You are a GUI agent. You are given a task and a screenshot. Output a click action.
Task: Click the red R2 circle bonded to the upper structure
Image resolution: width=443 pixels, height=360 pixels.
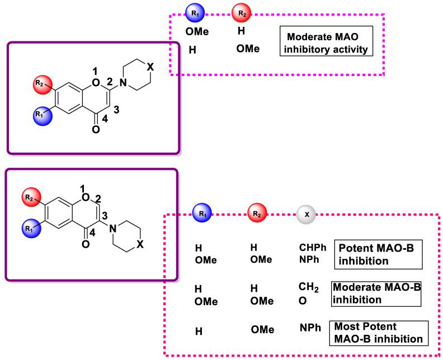[x=41, y=84]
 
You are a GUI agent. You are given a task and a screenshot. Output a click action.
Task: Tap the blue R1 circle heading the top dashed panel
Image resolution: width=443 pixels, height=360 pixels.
[x=195, y=12]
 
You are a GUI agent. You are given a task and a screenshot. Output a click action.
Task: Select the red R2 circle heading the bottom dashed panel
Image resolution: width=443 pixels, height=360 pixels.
[x=258, y=214]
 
